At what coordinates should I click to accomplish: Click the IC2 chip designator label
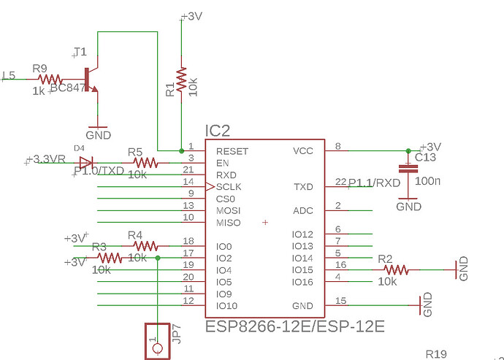(218, 131)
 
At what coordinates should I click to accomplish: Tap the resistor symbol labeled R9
(50, 79)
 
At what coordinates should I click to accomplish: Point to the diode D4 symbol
(86, 162)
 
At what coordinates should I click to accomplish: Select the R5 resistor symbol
(145, 162)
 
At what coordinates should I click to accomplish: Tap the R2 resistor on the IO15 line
(395, 269)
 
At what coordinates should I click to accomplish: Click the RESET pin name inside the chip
(232, 152)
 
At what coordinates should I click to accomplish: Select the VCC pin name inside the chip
(302, 152)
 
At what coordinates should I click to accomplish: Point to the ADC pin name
(302, 211)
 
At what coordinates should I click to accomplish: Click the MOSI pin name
(229, 211)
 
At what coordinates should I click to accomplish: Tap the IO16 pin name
(302, 281)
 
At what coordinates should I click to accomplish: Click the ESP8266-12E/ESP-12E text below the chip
(294, 325)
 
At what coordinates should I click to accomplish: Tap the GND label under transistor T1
(99, 135)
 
